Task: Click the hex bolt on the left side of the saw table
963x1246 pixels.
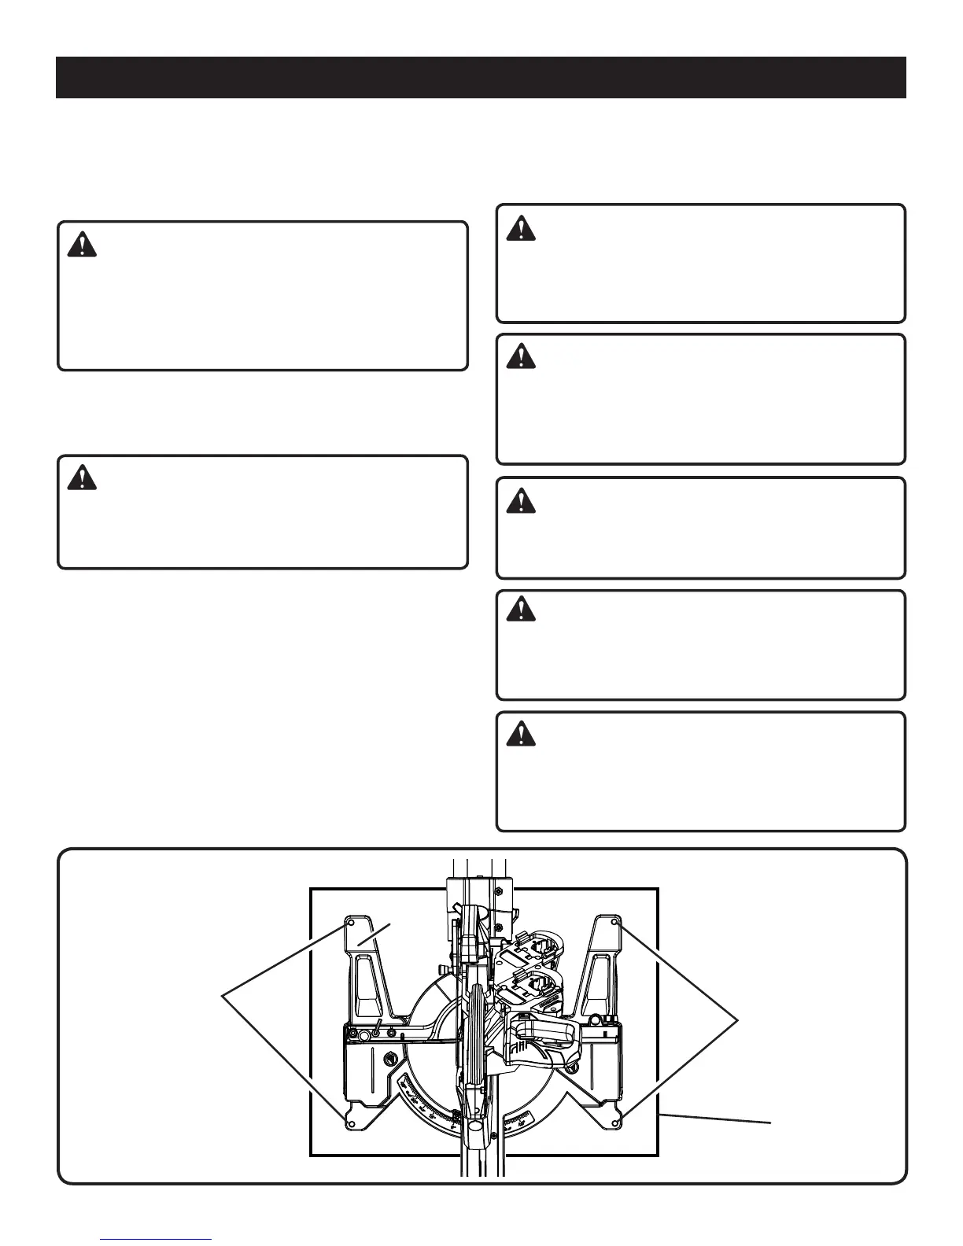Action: coord(390,1058)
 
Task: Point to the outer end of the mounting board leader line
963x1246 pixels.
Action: coord(770,1123)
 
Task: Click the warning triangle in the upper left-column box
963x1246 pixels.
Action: coord(82,245)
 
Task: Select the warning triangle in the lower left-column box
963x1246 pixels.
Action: coord(82,478)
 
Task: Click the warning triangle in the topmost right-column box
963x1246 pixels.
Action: coord(520,228)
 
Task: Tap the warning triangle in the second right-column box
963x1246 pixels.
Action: coord(520,358)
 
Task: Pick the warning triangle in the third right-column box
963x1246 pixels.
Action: coord(520,501)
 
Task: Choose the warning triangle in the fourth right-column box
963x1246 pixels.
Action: coord(520,610)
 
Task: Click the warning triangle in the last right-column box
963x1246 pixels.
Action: coord(520,735)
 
